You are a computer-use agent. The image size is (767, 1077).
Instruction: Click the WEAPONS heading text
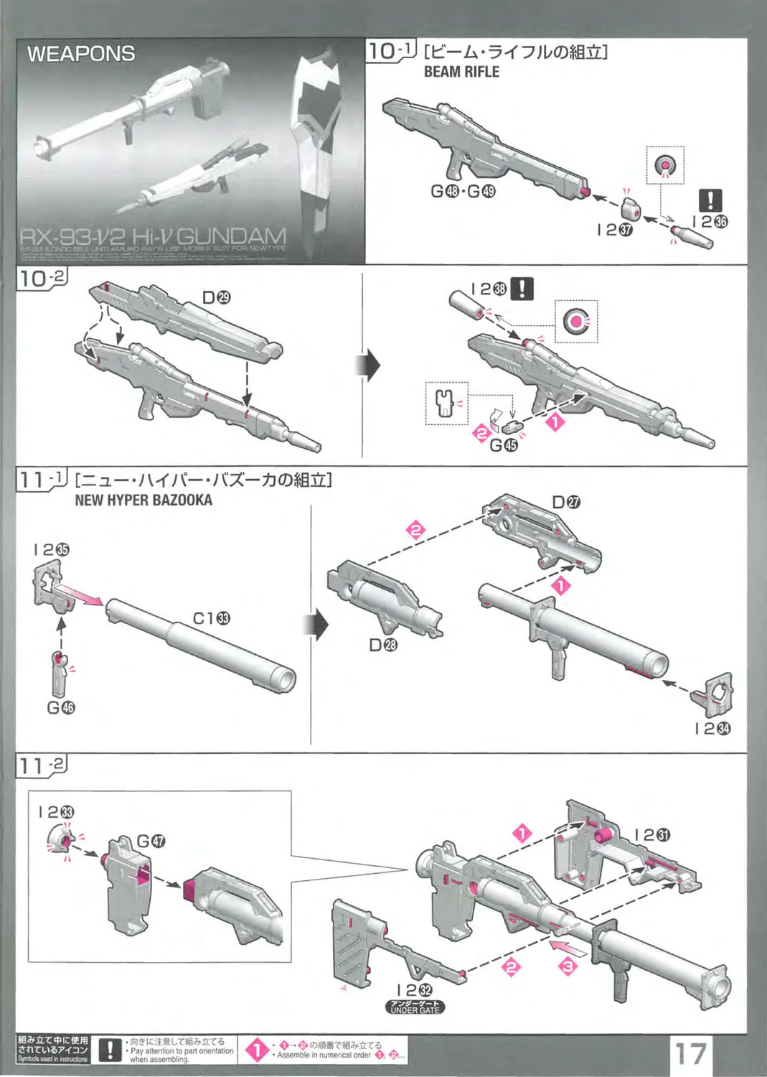coord(81,54)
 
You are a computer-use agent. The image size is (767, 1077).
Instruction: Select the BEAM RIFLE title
coord(461,72)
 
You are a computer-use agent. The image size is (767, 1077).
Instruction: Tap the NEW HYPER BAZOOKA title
coord(143,500)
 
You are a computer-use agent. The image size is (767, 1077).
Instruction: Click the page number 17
coord(690,1053)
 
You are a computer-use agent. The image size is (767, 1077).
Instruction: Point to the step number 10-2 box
coord(42,278)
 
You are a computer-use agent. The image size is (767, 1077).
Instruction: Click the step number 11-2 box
coord(42,765)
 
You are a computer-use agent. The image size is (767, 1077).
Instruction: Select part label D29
coord(216,297)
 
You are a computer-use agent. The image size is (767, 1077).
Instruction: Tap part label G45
coord(503,445)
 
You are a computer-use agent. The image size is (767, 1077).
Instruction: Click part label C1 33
coord(212,618)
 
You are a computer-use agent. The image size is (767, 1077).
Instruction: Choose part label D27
coord(566,502)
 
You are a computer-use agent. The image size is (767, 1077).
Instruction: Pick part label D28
coord(382,645)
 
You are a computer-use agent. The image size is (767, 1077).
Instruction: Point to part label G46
coord(61,707)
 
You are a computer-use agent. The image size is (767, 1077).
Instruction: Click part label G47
coord(151,841)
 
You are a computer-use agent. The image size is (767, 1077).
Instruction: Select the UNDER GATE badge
coord(415,1007)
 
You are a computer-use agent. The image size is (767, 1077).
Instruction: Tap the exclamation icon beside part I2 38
coord(522,289)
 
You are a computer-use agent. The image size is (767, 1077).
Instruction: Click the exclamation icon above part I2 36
coord(710,200)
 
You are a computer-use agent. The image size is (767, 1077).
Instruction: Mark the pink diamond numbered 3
coord(568,966)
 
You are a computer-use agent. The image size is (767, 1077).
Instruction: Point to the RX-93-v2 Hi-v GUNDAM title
coord(153,236)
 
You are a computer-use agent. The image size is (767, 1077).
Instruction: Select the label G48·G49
coord(463,191)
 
